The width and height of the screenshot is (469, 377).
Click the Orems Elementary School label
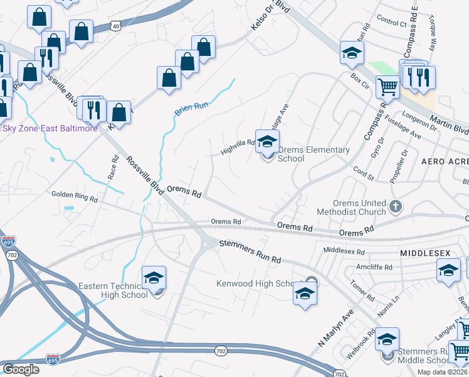click(313, 154)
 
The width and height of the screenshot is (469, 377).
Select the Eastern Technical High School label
click(113, 290)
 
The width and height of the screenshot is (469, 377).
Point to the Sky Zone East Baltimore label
click(50, 128)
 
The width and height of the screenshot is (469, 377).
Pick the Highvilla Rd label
click(238, 148)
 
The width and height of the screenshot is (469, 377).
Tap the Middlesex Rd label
click(344, 251)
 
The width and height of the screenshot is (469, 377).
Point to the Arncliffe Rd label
click(374, 267)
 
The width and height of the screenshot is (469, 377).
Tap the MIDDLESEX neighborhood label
click(425, 253)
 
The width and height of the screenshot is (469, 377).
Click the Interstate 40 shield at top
click(114, 26)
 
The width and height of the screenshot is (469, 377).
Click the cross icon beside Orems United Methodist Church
click(395, 205)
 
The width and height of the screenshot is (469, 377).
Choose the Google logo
click(21, 369)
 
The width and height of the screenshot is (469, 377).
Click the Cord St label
click(363, 173)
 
